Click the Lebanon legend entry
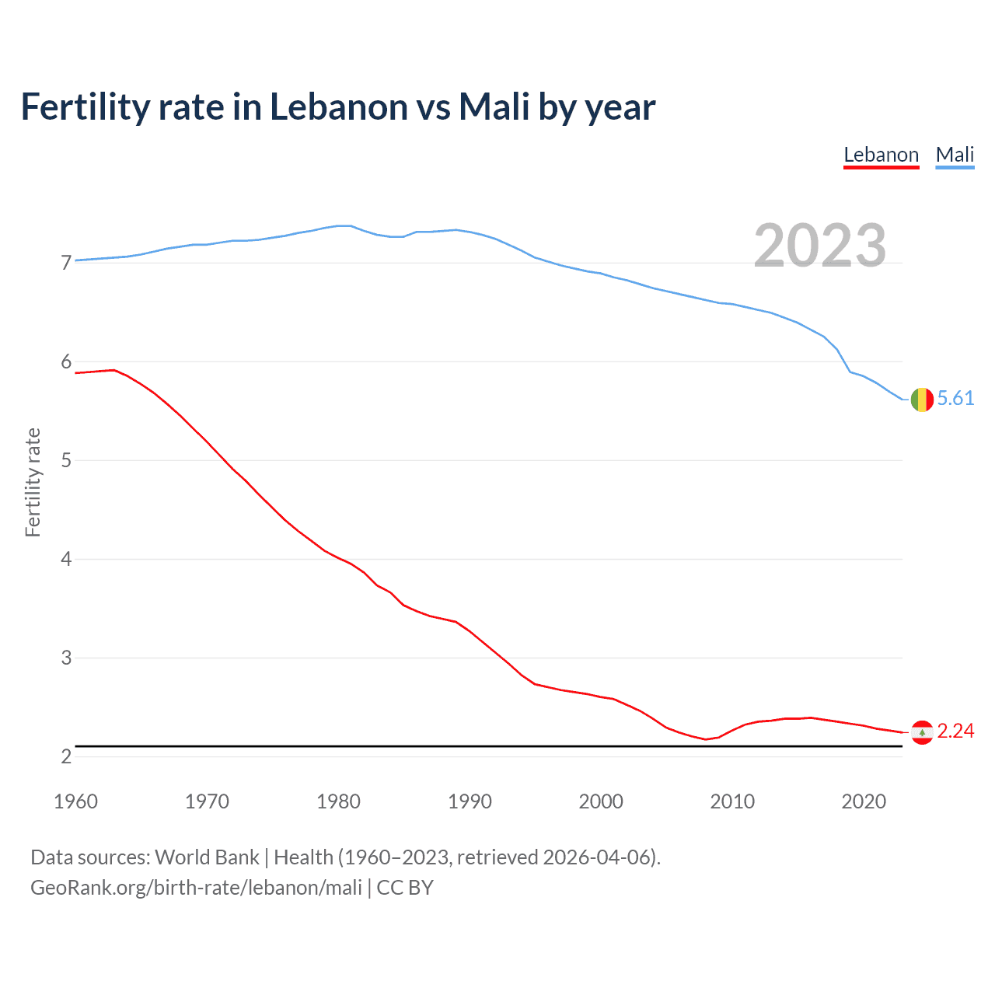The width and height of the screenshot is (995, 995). click(x=881, y=155)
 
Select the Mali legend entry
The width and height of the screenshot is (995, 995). click(x=955, y=155)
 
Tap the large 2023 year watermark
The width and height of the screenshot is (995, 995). click(x=819, y=246)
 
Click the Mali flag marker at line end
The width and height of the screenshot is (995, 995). click(x=922, y=400)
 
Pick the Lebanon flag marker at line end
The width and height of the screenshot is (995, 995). click(x=922, y=732)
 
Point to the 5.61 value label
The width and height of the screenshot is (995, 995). click(x=955, y=399)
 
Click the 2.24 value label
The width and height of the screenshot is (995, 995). click(x=955, y=731)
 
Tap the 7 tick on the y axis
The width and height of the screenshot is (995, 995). click(x=66, y=264)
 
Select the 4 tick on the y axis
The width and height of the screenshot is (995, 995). click(x=66, y=560)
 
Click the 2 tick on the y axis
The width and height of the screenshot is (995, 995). click(x=66, y=757)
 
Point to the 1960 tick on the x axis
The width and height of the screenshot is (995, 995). click(x=75, y=801)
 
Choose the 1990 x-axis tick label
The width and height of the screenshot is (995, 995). click(x=470, y=801)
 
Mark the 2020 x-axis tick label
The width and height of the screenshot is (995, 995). click(x=864, y=801)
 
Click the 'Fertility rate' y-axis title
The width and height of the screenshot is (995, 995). click(x=33, y=482)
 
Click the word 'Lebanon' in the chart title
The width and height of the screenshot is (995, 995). click(x=338, y=107)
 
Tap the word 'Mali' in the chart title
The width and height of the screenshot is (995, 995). click(x=494, y=107)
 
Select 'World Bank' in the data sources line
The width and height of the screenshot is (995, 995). click(x=207, y=857)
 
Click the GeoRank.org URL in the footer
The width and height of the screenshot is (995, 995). click(x=196, y=888)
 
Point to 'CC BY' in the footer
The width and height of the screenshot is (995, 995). click(x=405, y=888)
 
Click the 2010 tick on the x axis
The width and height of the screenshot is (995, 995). click(x=732, y=801)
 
